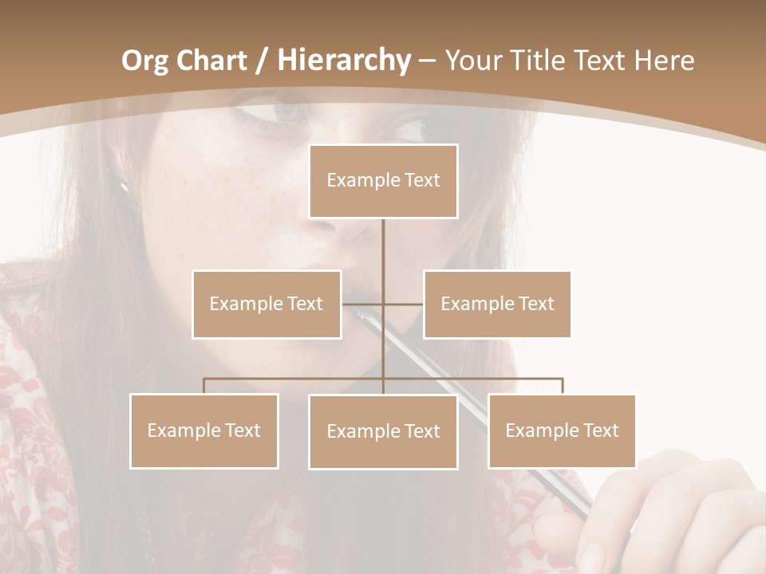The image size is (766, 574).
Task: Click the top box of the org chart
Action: [x=383, y=181]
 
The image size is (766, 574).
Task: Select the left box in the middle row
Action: [x=267, y=304]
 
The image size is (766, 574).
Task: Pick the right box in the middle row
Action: [x=497, y=304]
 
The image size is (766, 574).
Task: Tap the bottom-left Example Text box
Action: [x=204, y=431]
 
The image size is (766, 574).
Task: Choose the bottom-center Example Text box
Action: [x=383, y=431]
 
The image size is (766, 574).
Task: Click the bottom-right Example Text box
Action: [x=562, y=431]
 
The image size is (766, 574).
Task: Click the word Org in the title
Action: [x=144, y=61]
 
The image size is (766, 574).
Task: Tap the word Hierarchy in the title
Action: [x=344, y=61]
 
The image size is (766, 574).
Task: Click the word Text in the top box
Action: [x=421, y=181]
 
